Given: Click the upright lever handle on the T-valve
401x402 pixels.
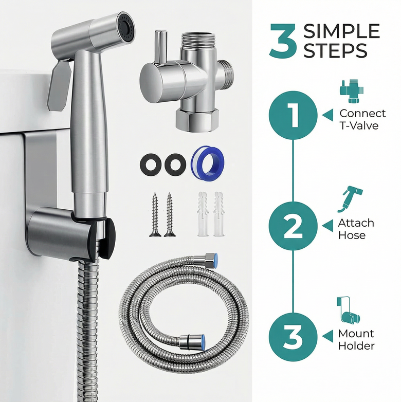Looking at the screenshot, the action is pos(161,47).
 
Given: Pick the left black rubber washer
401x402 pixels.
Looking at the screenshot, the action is pos(151,164).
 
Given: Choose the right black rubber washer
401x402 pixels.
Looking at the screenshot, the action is pos(175,165).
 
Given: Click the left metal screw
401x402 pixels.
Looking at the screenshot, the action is pos(155,214).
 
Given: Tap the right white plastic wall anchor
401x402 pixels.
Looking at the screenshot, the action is pos(218,213).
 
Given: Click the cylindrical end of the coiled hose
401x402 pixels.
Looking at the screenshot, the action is pos(192,342).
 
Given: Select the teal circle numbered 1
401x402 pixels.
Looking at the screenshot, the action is pos(293,115).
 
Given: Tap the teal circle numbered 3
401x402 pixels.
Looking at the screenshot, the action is pos(293,337).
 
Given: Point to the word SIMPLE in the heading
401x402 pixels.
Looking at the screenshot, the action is pos(341,31).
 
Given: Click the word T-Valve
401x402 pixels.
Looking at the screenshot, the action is pos(359,125).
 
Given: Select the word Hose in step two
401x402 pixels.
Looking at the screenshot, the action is pos(352,235).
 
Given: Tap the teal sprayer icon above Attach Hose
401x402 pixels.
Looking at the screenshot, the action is pos(350,199).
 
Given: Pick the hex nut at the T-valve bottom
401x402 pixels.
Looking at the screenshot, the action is pos(197,120).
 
